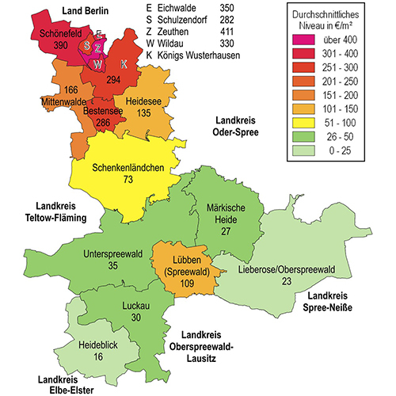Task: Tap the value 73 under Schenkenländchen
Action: coord(128,181)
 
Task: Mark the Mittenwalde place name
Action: coord(64,102)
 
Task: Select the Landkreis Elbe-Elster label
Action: coord(67,383)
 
